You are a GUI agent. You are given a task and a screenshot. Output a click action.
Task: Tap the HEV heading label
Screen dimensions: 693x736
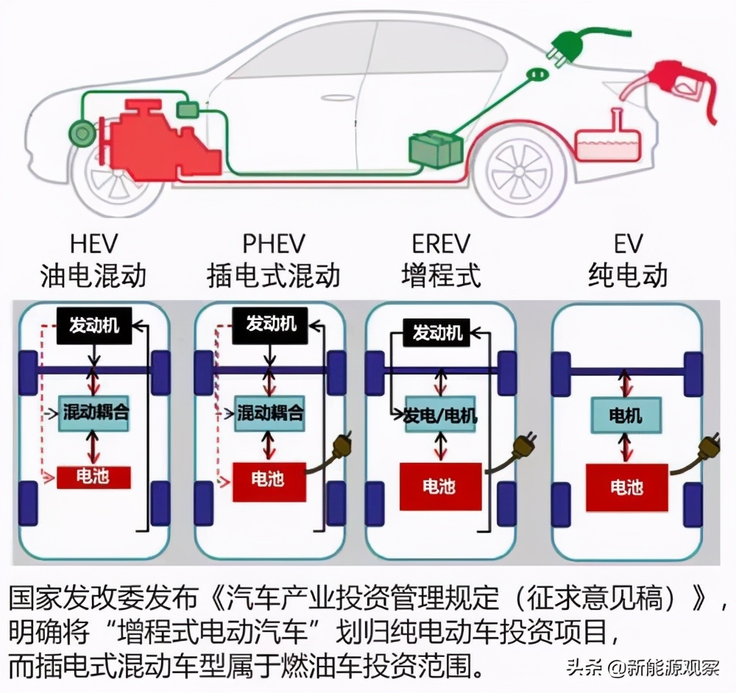(93, 244)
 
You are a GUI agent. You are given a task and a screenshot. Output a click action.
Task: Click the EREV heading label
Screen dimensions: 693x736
(441, 244)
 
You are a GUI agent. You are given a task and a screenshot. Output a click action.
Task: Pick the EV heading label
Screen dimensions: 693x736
(626, 244)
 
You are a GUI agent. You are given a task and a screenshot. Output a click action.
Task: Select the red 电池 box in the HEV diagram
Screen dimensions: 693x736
(93, 477)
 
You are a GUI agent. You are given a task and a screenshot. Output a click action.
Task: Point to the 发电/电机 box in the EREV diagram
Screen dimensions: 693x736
(441, 416)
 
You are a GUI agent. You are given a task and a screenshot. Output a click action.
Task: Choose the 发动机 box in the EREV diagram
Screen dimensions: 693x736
(439, 334)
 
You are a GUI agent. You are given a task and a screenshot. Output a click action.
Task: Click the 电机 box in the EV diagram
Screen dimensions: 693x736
(626, 416)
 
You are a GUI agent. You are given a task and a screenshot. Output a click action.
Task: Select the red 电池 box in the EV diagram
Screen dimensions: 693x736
(626, 486)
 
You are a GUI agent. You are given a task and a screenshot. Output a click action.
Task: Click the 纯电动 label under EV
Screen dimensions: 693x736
(627, 275)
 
